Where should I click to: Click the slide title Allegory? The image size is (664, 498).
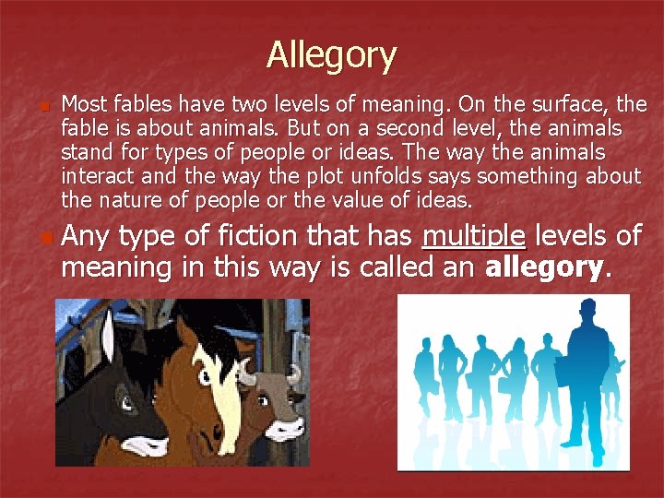click(331, 55)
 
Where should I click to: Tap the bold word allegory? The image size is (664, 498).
click(545, 268)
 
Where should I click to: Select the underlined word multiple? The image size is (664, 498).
click(474, 237)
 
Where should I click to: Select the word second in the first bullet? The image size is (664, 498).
click(433, 128)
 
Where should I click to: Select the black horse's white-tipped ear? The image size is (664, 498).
click(109, 332)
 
